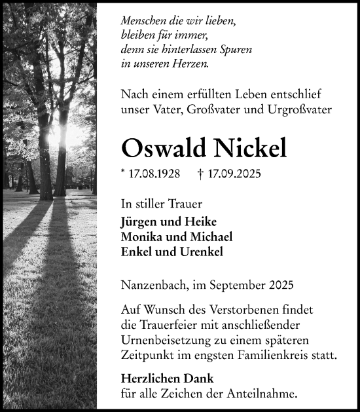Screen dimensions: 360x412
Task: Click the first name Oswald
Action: [161, 148]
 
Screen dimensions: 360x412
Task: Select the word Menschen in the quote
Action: [144, 21]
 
